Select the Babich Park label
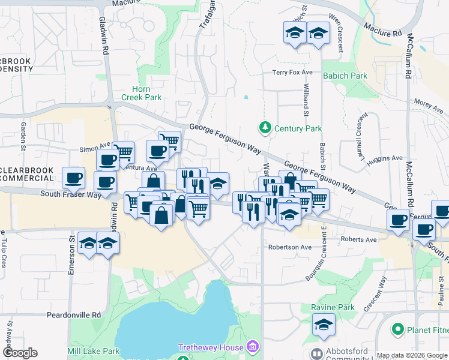[x=345, y=76]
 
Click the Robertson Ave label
[x=290, y=247]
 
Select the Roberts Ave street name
[x=358, y=240]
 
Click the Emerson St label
[x=71, y=257]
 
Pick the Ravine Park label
[x=337, y=307]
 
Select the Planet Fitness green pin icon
[x=397, y=329]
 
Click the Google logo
[x=20, y=353]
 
